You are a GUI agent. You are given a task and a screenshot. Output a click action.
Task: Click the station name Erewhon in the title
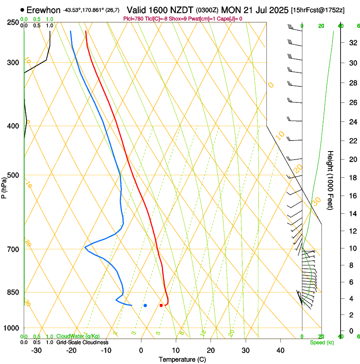point(44,10)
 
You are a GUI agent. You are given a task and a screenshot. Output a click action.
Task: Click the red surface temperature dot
point(161,305)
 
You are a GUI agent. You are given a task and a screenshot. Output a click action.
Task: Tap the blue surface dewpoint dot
point(145,305)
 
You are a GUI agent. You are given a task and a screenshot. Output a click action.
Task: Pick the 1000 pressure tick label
point(12,328)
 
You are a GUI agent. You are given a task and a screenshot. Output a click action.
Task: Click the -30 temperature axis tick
point(36,350)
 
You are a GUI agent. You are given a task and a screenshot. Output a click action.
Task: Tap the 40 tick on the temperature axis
point(280,350)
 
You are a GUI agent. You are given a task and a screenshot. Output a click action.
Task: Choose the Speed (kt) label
point(321,342)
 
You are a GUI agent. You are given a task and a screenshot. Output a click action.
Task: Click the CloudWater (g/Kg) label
point(78,336)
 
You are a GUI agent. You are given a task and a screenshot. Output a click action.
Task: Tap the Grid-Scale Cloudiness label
point(82,342)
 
